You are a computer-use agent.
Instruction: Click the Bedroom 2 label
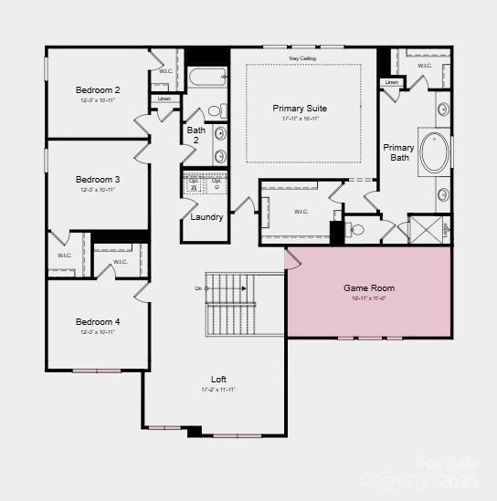click(x=98, y=90)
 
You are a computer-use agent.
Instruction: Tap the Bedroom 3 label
click(x=98, y=180)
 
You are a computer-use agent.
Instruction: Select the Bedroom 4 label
click(x=98, y=322)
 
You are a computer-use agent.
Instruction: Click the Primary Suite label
click(x=300, y=109)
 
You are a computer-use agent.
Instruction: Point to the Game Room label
click(x=369, y=288)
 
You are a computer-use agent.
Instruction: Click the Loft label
click(x=218, y=379)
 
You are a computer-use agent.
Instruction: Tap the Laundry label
click(x=207, y=217)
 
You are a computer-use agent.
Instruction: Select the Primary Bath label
click(x=399, y=152)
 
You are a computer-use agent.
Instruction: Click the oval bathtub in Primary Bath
click(x=434, y=153)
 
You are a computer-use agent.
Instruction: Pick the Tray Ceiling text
click(x=302, y=58)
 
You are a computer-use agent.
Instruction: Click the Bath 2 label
click(x=196, y=135)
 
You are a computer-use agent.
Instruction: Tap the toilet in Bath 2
click(x=217, y=111)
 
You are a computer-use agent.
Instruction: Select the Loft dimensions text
click(x=218, y=390)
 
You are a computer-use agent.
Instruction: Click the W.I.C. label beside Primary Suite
click(x=302, y=212)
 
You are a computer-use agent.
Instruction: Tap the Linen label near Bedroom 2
click(x=164, y=99)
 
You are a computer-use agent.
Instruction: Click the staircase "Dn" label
click(x=198, y=288)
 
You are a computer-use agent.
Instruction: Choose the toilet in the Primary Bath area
click(x=355, y=230)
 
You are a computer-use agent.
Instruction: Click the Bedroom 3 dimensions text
click(x=98, y=191)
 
